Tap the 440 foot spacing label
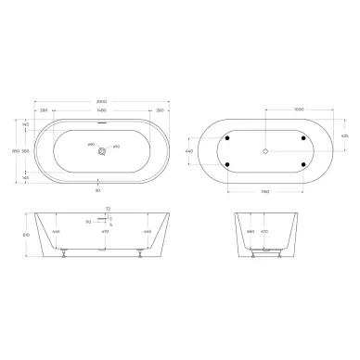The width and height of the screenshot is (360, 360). (x=190, y=150)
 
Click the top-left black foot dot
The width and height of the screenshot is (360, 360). (x=228, y=138)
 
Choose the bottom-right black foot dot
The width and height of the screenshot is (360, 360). (x=302, y=164)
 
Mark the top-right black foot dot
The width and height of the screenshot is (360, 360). (x=302, y=138)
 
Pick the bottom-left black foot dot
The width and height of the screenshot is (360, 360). (x=228, y=164)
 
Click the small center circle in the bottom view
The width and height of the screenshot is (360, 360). (x=265, y=150)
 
